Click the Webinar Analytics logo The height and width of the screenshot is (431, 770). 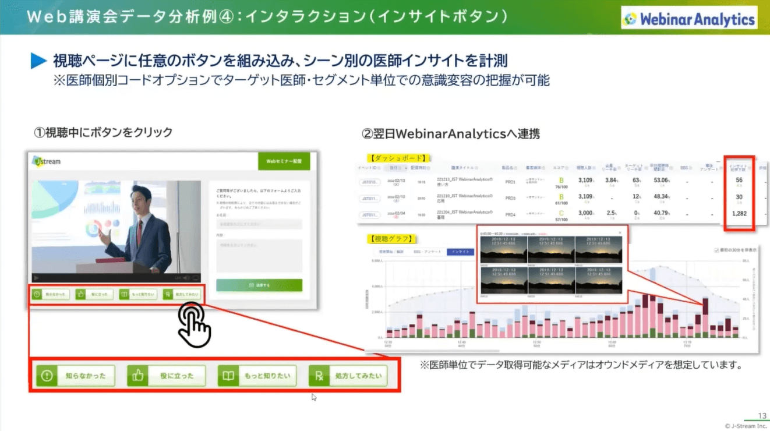tap(688, 19)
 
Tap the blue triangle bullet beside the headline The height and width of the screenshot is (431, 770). tap(38, 61)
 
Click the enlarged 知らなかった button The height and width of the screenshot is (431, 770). tap(75, 376)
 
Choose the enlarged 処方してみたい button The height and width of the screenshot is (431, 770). tap(348, 376)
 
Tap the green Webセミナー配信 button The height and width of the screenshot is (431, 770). tap(284, 161)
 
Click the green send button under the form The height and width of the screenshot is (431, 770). tap(259, 285)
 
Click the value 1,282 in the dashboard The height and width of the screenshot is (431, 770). tap(739, 213)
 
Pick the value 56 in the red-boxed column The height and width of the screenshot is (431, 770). tap(739, 181)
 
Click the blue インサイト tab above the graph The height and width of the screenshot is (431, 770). tap(461, 252)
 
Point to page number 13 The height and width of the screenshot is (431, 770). tap(762, 416)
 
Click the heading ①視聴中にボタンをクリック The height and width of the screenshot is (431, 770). tap(103, 133)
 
